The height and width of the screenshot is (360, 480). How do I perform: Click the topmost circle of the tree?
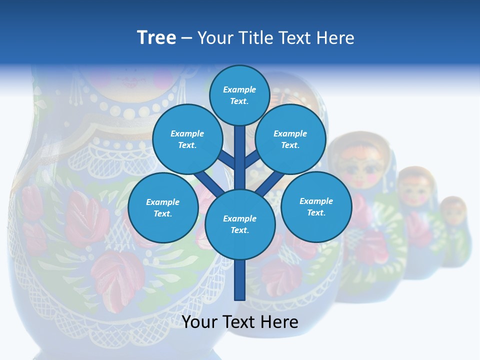pyautogui.click(x=239, y=95)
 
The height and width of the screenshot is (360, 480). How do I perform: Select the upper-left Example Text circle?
pyautogui.click(x=187, y=139)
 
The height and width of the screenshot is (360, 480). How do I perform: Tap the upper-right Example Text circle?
pyautogui.click(x=290, y=139)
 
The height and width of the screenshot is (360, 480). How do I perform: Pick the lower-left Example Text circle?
pyautogui.click(x=162, y=207)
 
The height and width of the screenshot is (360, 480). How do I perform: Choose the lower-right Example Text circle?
pyautogui.click(x=316, y=206)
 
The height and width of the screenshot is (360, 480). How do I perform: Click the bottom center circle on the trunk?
pyautogui.click(x=239, y=224)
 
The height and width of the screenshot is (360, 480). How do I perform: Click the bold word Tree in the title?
pyautogui.click(x=156, y=37)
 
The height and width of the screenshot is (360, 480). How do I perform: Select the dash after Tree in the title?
pyautogui.click(x=186, y=38)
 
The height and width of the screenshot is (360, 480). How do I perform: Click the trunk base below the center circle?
pyautogui.click(x=239, y=280)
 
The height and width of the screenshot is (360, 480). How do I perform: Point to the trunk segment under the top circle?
pyautogui.click(x=239, y=155)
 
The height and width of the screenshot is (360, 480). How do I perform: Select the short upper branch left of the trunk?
pyautogui.click(x=226, y=159)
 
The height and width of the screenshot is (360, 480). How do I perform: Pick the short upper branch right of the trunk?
pyautogui.click(x=252, y=159)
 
